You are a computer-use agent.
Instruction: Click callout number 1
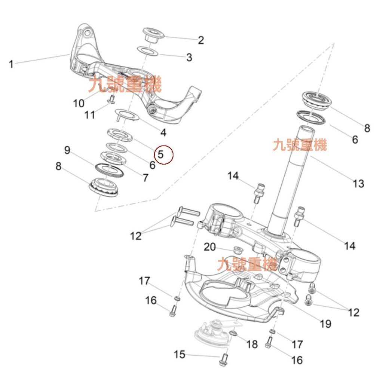coord(11,64)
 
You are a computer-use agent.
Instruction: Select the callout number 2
coord(201,40)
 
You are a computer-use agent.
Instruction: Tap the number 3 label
coord(189,58)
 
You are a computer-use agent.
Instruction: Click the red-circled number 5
coord(161,154)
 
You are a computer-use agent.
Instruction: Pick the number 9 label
coord(67,150)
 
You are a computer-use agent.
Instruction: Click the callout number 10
coord(79,102)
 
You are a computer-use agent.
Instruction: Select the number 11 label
coord(90,114)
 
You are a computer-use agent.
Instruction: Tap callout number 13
coord(358,183)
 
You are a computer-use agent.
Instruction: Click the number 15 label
coord(180,354)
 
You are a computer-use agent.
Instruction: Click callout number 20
coord(210,247)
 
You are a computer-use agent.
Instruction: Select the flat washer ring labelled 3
coord(148,50)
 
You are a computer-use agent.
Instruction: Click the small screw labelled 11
coord(111,98)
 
